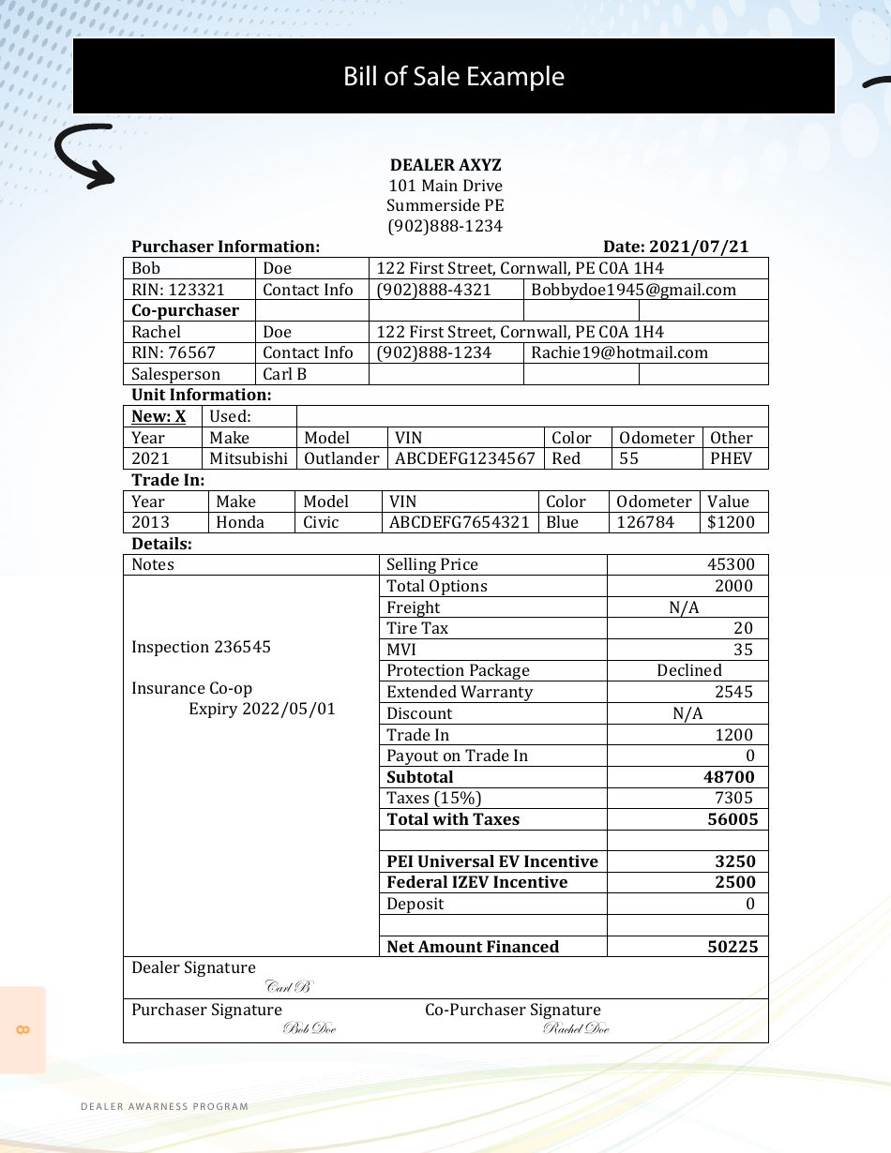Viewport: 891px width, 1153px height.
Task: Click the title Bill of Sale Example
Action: click(454, 77)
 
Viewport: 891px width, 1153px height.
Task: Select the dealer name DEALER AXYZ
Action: click(445, 165)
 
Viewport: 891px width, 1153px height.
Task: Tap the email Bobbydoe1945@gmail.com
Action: click(633, 290)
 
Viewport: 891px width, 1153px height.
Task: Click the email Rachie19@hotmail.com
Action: click(619, 352)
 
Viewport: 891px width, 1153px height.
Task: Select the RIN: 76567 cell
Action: click(174, 352)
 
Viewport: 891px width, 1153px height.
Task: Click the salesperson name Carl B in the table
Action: click(284, 374)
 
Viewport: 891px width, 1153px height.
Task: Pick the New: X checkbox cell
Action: click(159, 416)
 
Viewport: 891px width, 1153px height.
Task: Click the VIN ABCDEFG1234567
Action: click(465, 458)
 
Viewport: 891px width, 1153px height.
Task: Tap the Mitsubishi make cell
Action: click(249, 458)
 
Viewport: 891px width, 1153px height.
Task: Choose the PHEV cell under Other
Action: click(731, 458)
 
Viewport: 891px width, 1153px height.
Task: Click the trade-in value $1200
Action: click(730, 522)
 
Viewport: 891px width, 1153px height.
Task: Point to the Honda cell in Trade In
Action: click(240, 522)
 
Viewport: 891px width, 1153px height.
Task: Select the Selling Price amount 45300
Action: click(731, 564)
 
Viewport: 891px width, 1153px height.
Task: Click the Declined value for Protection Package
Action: click(688, 670)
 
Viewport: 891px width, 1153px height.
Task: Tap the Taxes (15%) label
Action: click(433, 798)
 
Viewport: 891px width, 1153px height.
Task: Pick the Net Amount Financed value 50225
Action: click(732, 947)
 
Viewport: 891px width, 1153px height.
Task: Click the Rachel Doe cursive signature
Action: click(576, 1029)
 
